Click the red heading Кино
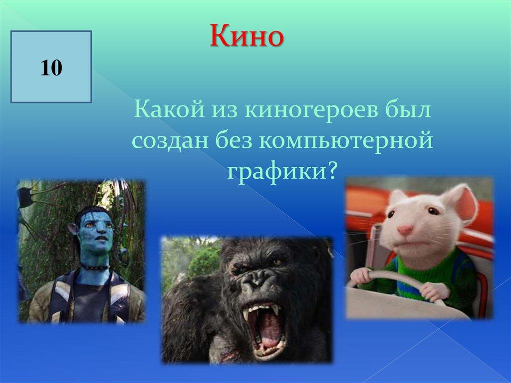point(247,35)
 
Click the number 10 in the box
point(51,68)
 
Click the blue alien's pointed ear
point(73,229)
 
